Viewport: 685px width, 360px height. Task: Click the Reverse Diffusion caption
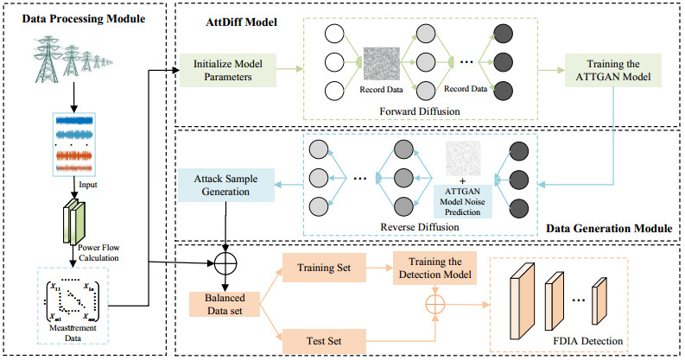[421, 227]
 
